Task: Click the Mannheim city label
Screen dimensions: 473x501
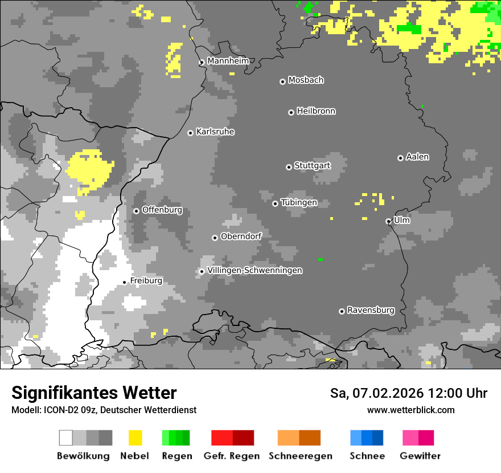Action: (228, 61)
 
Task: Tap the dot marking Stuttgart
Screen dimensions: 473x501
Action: (289, 167)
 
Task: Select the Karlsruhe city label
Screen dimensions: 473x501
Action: (215, 132)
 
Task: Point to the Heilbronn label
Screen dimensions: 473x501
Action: (316, 111)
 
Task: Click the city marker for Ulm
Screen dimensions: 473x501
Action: (388, 221)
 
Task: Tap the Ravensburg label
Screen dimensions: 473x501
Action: (371, 310)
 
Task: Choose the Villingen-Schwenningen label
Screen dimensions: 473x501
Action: (254, 270)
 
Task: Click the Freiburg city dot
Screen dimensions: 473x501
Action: (124, 282)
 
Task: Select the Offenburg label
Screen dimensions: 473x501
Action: (162, 210)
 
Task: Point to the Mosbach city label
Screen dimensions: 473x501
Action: (306, 80)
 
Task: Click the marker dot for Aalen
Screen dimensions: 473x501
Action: (400, 158)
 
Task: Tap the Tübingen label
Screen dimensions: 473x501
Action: (299, 202)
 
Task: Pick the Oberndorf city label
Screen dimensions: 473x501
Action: (241, 236)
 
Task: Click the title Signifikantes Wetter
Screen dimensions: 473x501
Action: (94, 393)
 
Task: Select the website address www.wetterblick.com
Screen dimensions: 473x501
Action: (410, 410)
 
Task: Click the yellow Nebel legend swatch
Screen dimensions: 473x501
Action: (135, 438)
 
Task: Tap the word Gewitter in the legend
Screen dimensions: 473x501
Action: (420, 456)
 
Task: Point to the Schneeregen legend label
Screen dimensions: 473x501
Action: (300, 456)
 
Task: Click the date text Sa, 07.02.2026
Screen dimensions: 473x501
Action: (376, 393)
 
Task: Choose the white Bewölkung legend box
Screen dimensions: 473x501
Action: (66, 438)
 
